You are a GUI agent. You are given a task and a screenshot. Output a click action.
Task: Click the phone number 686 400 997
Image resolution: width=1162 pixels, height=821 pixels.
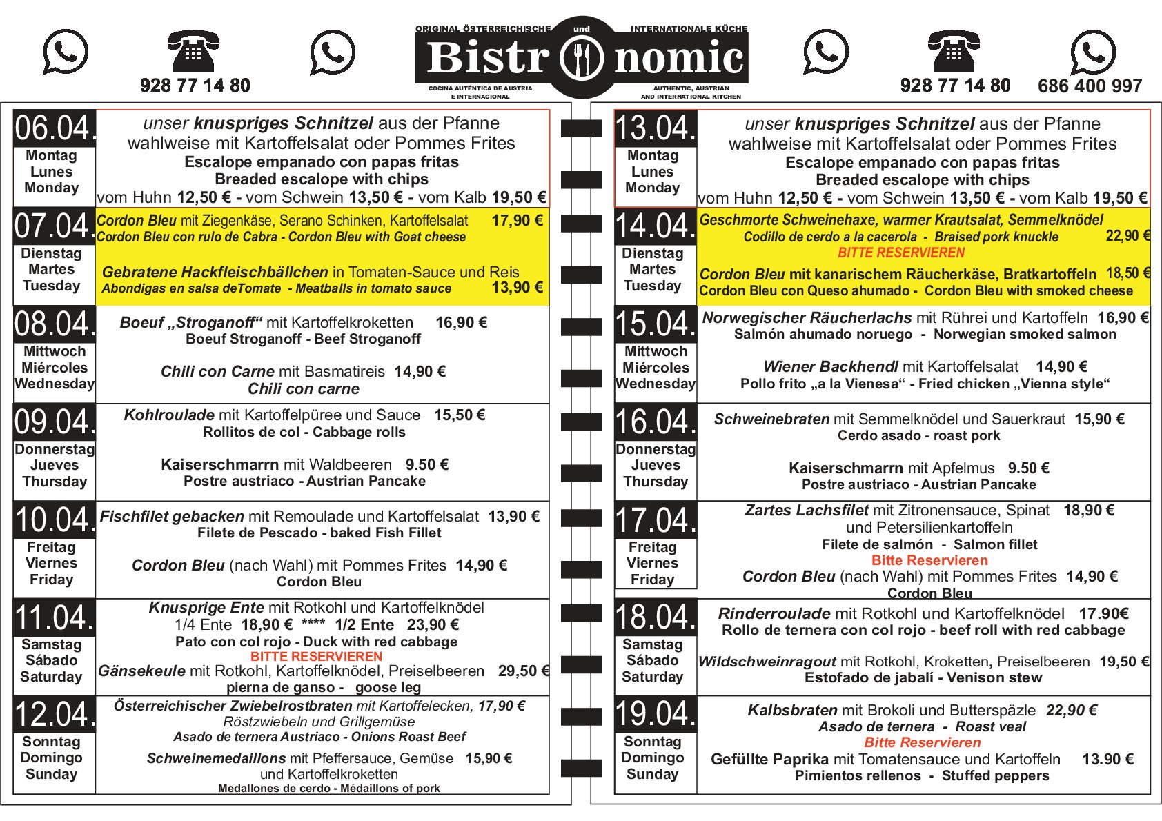pos(1090,86)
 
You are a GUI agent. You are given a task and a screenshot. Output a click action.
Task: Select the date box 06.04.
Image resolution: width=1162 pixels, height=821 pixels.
pos(55,128)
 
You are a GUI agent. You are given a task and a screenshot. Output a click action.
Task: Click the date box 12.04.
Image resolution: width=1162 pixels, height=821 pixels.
pos(55,714)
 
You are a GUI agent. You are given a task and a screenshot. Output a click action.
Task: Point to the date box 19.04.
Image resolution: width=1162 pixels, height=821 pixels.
pos(656,714)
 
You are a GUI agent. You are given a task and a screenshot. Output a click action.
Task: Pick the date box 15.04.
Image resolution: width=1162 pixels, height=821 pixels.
pos(656,324)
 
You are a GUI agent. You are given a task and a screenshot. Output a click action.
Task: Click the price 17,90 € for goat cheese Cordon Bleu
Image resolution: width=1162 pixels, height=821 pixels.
pos(518,221)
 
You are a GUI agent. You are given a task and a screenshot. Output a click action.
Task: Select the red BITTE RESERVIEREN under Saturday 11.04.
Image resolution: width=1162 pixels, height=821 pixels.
pos(316,656)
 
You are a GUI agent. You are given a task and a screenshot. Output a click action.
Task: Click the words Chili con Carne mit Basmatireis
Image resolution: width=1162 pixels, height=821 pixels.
pos(273,372)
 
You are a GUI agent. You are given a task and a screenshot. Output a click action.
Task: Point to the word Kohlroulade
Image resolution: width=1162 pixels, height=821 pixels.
pos(169,415)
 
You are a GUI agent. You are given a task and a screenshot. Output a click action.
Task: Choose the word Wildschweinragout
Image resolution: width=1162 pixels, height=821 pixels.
pos(767,662)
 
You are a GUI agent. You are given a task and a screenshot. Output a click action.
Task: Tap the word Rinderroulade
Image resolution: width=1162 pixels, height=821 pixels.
pos(774,613)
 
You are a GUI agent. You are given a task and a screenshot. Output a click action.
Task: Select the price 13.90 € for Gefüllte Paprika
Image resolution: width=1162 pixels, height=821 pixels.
pos(1107,759)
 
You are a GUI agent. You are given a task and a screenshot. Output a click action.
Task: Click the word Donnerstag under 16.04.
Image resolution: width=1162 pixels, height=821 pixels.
pos(656,449)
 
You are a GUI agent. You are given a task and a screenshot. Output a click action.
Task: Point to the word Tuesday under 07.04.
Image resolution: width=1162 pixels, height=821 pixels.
pos(51,286)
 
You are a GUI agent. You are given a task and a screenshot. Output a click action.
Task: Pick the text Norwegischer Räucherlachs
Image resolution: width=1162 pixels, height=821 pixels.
pos(807,318)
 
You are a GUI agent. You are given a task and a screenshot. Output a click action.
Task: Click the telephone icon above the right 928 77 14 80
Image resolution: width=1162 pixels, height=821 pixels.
pos(954,50)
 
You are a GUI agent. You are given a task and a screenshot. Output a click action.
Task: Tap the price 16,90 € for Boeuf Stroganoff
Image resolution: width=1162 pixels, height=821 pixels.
pos(461,323)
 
